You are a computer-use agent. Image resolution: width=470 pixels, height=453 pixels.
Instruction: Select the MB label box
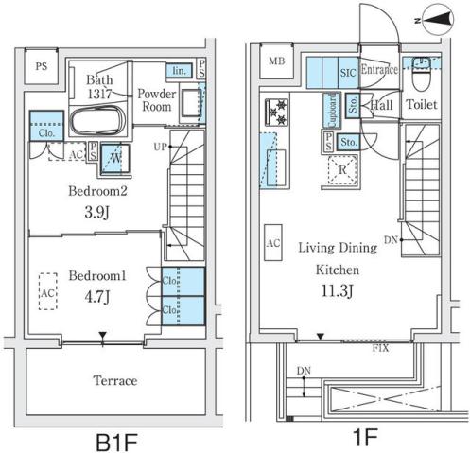click(275, 62)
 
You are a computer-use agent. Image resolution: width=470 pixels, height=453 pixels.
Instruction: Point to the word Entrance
click(378, 68)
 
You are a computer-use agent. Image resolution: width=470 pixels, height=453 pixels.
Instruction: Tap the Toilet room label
click(422, 105)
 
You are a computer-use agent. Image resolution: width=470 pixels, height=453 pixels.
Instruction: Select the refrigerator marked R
click(340, 170)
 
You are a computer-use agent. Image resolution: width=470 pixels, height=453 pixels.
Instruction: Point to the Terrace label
click(114, 381)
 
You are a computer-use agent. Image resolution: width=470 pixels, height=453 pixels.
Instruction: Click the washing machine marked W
click(114, 157)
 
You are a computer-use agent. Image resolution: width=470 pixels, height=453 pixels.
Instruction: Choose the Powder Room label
click(155, 100)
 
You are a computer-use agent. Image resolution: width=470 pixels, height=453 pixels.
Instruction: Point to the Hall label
click(383, 105)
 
